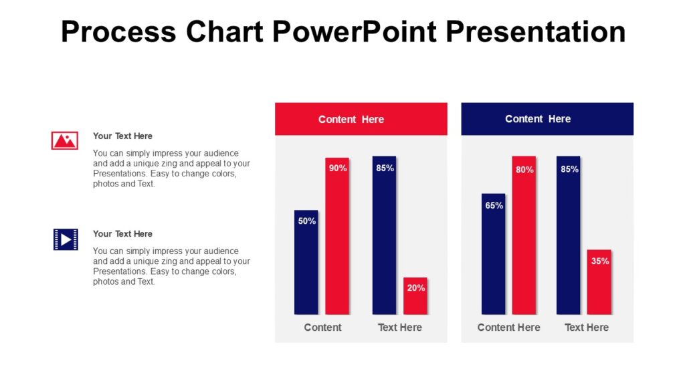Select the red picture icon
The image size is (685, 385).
(65, 140)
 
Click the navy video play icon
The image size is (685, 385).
(66, 239)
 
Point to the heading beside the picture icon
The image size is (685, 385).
(122, 136)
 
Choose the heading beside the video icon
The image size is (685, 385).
(122, 234)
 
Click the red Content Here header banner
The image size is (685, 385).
(361, 119)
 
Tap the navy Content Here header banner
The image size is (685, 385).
(547, 119)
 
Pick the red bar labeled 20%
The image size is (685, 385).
(415, 296)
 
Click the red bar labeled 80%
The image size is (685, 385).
(524, 235)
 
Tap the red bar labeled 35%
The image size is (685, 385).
(599, 282)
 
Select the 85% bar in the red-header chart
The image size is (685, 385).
(385, 235)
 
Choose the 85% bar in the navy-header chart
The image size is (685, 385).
(569, 235)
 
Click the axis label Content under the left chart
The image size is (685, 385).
(322, 328)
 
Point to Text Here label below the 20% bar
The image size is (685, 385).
(400, 328)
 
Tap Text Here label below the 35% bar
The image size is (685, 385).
(587, 328)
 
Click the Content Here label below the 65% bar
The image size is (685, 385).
(508, 328)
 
